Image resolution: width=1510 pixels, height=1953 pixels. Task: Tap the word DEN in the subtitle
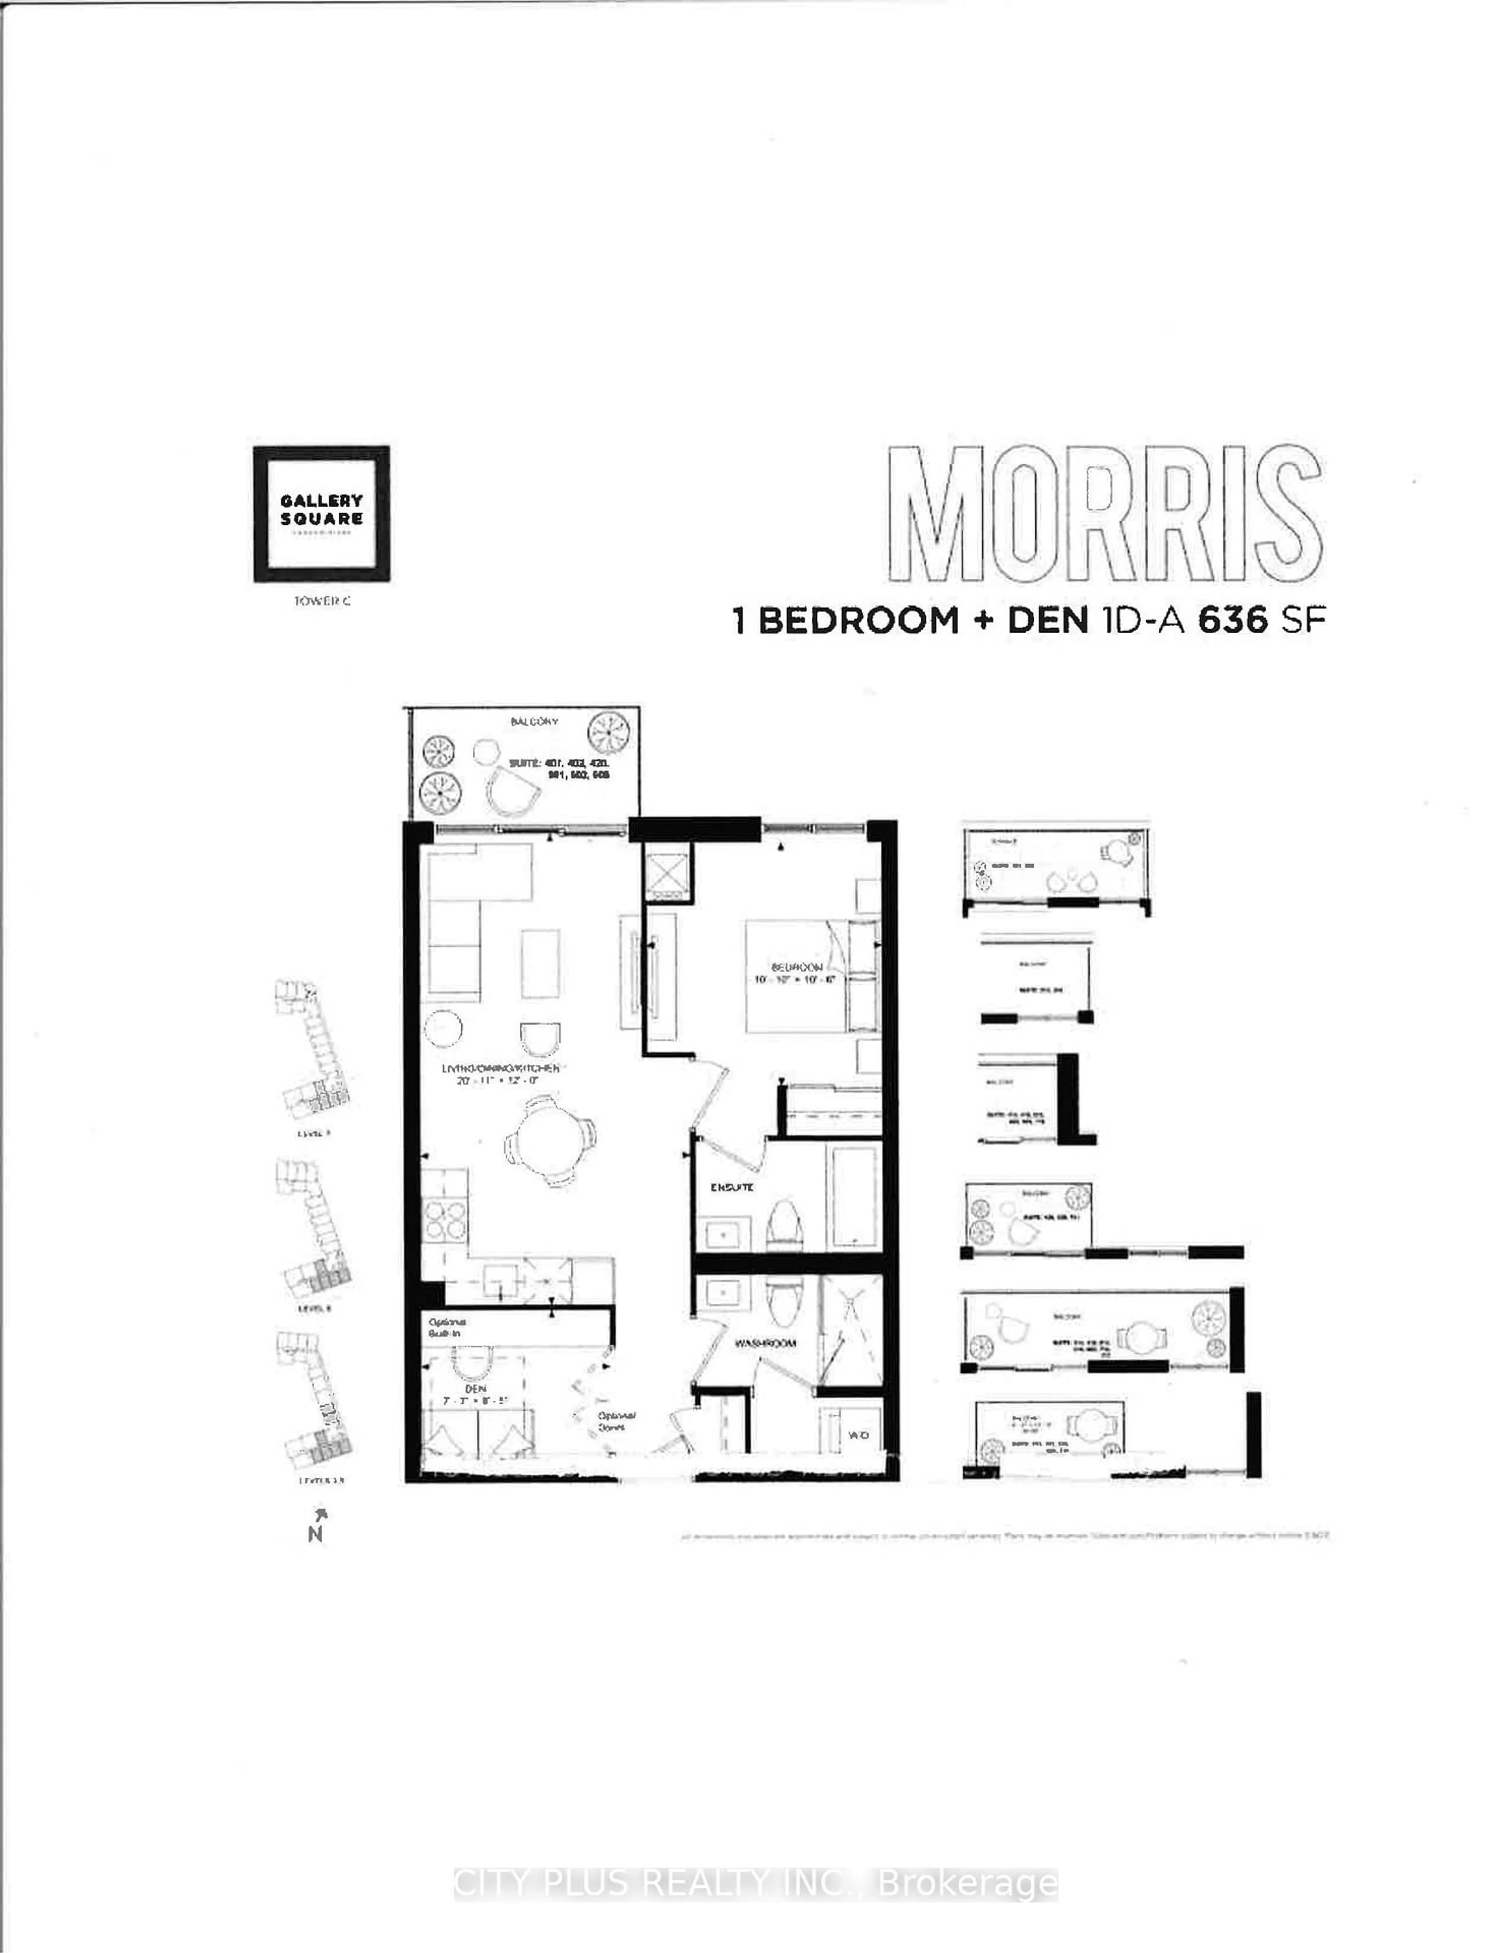pos(1048,621)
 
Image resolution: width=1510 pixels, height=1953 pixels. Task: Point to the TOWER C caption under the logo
pos(322,601)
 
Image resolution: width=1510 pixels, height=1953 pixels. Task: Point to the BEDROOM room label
pos(797,967)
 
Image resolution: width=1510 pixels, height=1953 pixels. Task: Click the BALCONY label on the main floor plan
pos(534,722)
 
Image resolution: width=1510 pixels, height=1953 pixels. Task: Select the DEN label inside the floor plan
pos(475,1388)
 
